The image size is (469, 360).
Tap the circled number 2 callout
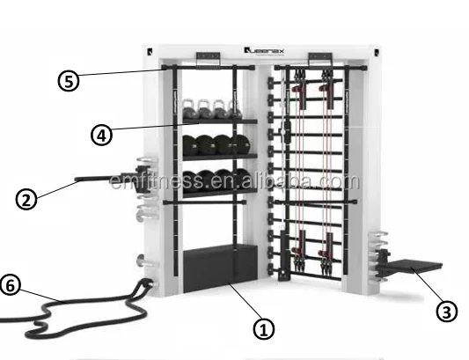[x=26, y=198]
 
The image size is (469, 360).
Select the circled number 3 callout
[x=448, y=311]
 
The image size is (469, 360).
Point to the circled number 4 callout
[x=102, y=135]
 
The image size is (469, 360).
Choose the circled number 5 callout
[x=68, y=80]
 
